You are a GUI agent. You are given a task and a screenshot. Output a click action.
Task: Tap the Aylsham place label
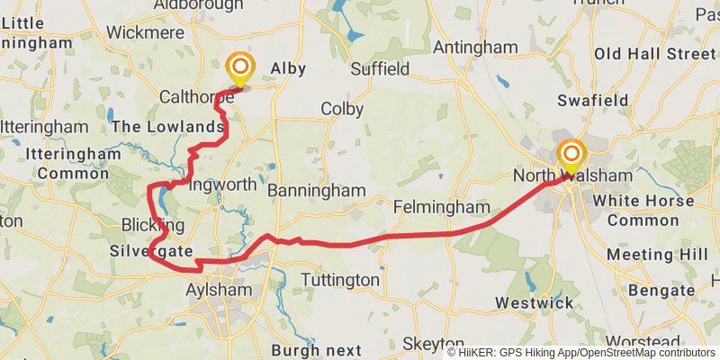(220, 290)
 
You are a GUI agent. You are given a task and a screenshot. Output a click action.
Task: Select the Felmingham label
(442, 208)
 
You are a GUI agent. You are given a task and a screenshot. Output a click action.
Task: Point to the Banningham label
(317, 191)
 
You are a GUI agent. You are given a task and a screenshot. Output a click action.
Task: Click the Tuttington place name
(339, 280)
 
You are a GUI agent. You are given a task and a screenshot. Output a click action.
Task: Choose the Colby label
(342, 109)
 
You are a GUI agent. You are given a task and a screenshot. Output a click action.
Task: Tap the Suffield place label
(380, 68)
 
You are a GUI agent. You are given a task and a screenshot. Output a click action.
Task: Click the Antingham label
(475, 47)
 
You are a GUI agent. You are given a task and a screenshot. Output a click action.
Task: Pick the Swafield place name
(592, 100)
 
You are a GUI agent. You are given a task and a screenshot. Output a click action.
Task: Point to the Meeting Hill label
(657, 255)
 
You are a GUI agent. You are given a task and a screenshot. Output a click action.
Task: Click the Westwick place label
(534, 302)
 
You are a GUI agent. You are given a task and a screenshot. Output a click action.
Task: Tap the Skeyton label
(433, 345)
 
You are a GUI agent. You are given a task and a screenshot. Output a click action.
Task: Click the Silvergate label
(151, 251)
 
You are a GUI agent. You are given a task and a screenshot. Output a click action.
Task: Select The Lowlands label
(167, 127)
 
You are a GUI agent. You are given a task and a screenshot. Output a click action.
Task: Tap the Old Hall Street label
(654, 55)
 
